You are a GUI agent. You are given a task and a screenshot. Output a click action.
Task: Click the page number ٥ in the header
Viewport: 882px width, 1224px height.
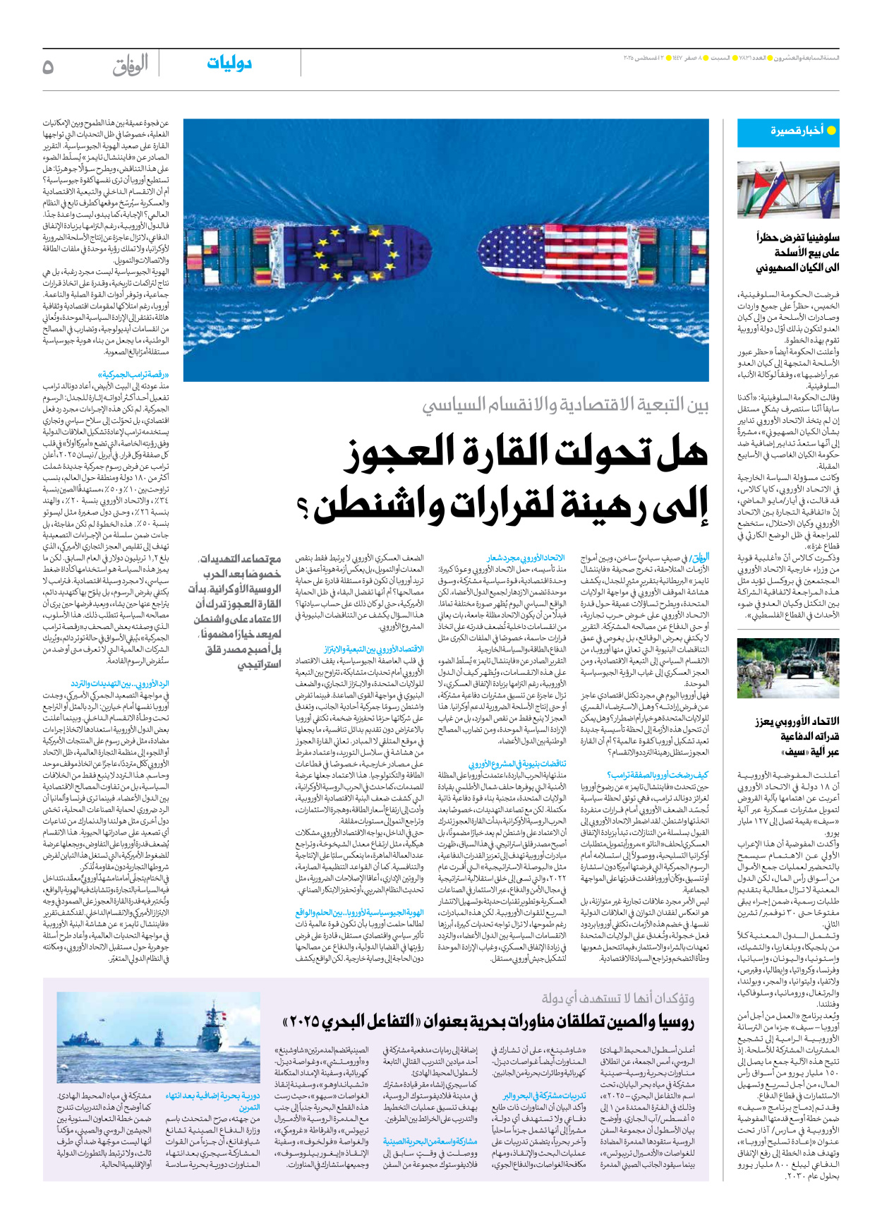[x=48, y=66]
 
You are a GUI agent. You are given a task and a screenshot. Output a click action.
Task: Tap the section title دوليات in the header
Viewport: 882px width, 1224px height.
[x=229, y=64]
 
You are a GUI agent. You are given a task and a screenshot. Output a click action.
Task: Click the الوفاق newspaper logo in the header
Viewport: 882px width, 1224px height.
[x=130, y=66]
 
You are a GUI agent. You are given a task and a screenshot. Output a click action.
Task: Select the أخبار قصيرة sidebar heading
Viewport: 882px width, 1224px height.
[x=797, y=131]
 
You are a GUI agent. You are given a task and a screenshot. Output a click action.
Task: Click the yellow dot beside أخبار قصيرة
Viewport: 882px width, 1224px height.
[x=831, y=131]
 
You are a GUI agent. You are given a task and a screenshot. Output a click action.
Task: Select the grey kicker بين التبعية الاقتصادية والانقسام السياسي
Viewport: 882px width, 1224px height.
[x=564, y=405]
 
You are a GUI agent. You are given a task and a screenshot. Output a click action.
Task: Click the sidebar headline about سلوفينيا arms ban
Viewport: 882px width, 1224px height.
[x=797, y=253]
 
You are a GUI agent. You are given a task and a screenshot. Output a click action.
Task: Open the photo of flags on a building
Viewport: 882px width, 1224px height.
[x=788, y=189]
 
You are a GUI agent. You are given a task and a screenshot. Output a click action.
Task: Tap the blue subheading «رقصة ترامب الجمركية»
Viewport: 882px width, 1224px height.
[x=133, y=375]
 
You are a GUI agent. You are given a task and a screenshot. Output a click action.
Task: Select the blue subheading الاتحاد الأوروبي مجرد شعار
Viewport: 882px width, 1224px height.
[x=526, y=558]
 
